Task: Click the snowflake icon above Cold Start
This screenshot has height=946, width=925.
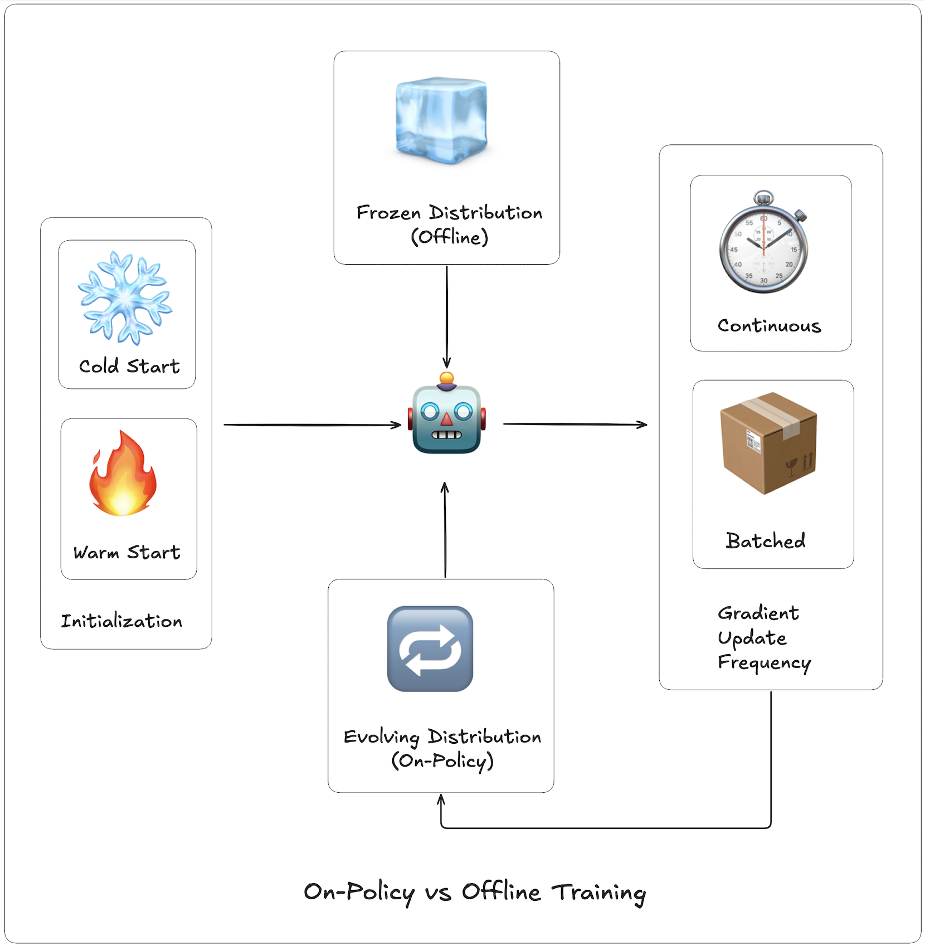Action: point(125,298)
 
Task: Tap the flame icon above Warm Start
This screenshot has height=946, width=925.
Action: point(123,474)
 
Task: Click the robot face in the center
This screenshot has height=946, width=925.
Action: point(446,415)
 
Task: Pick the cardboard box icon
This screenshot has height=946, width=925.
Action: point(768,443)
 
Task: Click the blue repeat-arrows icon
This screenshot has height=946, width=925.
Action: point(430,649)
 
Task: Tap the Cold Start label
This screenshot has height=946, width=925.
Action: point(129,366)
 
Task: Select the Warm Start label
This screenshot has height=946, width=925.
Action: point(127,552)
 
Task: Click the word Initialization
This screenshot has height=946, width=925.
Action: point(121,621)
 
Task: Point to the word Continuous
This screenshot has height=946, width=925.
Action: point(769,325)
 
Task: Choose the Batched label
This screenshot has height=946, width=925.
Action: point(766,540)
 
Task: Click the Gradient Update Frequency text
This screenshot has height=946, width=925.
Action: point(763,637)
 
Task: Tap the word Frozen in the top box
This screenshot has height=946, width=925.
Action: point(388,213)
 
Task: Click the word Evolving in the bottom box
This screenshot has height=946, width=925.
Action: point(381,737)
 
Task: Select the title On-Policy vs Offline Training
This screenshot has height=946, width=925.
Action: point(474,892)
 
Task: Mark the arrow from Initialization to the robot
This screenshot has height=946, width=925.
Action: point(312,425)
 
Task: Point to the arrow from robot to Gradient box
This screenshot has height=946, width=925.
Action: point(574,425)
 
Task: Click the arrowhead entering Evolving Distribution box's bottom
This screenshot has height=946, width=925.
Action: point(441,800)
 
